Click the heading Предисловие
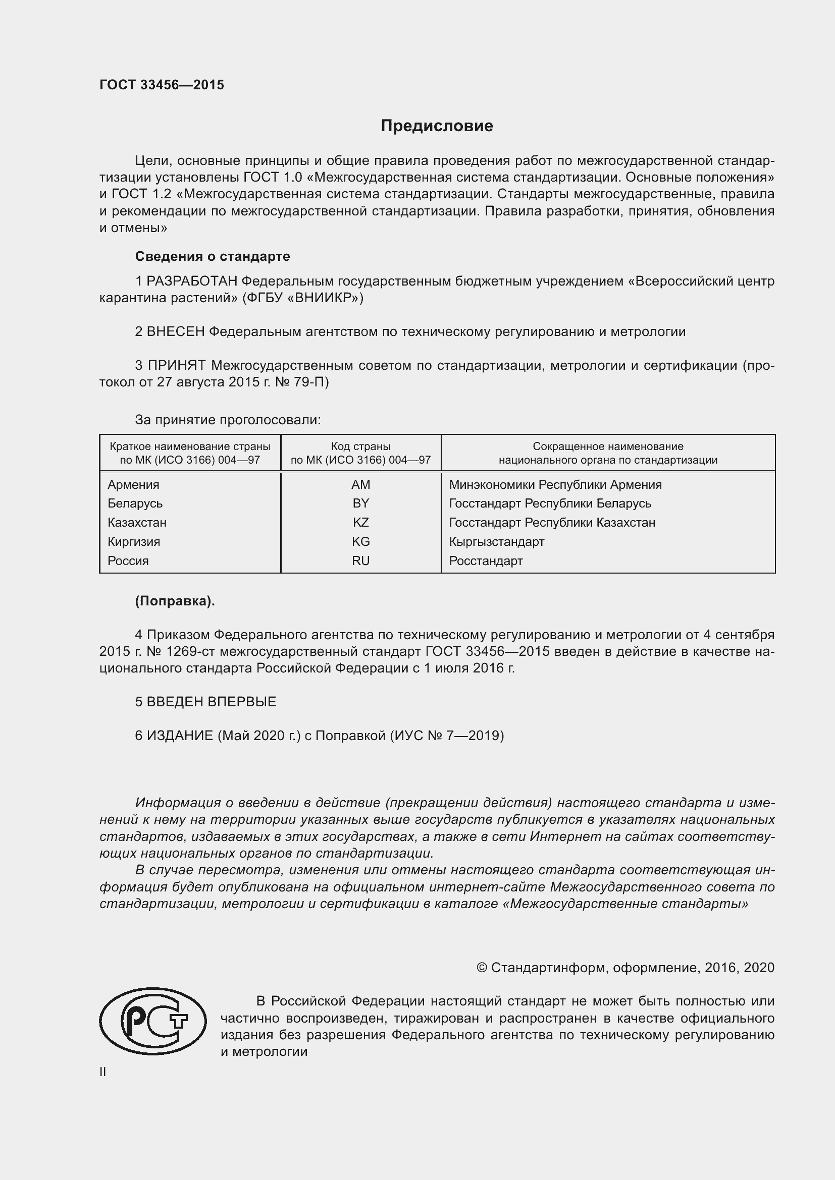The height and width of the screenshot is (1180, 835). pyautogui.click(x=437, y=126)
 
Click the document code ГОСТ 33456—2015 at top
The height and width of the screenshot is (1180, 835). pyautogui.click(x=162, y=85)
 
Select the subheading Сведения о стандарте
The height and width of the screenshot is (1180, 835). pyautogui.click(x=213, y=256)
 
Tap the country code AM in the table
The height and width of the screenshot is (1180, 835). pyautogui.click(x=360, y=485)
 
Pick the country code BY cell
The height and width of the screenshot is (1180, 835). pyautogui.click(x=360, y=503)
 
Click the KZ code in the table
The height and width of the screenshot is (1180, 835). pyautogui.click(x=360, y=523)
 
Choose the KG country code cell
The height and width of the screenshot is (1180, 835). pyautogui.click(x=360, y=542)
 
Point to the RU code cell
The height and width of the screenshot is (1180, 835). pyautogui.click(x=360, y=560)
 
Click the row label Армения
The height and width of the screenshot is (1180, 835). pyautogui.click(x=133, y=485)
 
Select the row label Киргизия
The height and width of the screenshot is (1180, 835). pyautogui.click(x=134, y=542)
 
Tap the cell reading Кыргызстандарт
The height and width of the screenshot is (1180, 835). pyautogui.click(x=496, y=542)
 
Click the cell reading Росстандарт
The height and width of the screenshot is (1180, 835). pyautogui.click(x=485, y=560)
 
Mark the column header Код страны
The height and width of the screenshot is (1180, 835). pyautogui.click(x=360, y=446)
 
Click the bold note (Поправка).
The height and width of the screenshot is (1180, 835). pyautogui.click(x=175, y=601)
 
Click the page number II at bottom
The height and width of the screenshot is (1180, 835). pyautogui.click(x=103, y=1072)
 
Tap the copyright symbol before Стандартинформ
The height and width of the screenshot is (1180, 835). pyautogui.click(x=481, y=968)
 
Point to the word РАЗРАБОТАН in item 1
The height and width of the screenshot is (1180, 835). pyautogui.click(x=192, y=281)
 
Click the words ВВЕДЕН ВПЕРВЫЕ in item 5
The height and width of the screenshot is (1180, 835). pyautogui.click(x=212, y=702)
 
